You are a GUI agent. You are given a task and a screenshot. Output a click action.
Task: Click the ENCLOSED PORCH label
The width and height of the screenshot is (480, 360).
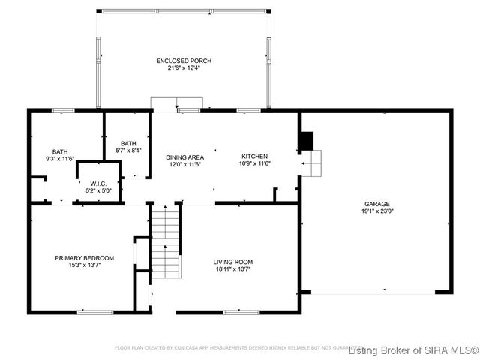click(184, 61)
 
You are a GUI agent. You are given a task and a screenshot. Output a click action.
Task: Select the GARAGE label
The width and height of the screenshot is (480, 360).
click(377, 204)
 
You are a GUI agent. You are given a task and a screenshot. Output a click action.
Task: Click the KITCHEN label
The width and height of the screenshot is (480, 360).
click(254, 156)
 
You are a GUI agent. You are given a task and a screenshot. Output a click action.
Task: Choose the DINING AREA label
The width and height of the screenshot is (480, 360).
click(185, 157)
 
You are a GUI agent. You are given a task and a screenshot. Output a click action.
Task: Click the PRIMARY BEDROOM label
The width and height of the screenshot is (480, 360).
click(84, 258)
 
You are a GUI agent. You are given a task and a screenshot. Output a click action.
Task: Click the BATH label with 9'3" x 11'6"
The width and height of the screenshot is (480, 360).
click(60, 151)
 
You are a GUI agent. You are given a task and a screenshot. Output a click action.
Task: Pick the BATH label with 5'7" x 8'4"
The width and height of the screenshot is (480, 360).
click(128, 144)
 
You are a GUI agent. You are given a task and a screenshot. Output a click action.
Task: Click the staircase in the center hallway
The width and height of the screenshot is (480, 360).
click(166, 241)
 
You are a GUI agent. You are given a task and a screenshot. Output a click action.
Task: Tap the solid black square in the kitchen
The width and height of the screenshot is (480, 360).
click(305, 142)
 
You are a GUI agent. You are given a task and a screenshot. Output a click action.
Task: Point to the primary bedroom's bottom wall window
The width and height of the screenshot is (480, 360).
click(95, 311)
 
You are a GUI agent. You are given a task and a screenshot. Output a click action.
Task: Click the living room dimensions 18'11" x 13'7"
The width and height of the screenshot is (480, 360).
click(232, 268)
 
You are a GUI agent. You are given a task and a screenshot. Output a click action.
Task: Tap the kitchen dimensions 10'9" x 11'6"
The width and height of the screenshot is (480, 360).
click(254, 164)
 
